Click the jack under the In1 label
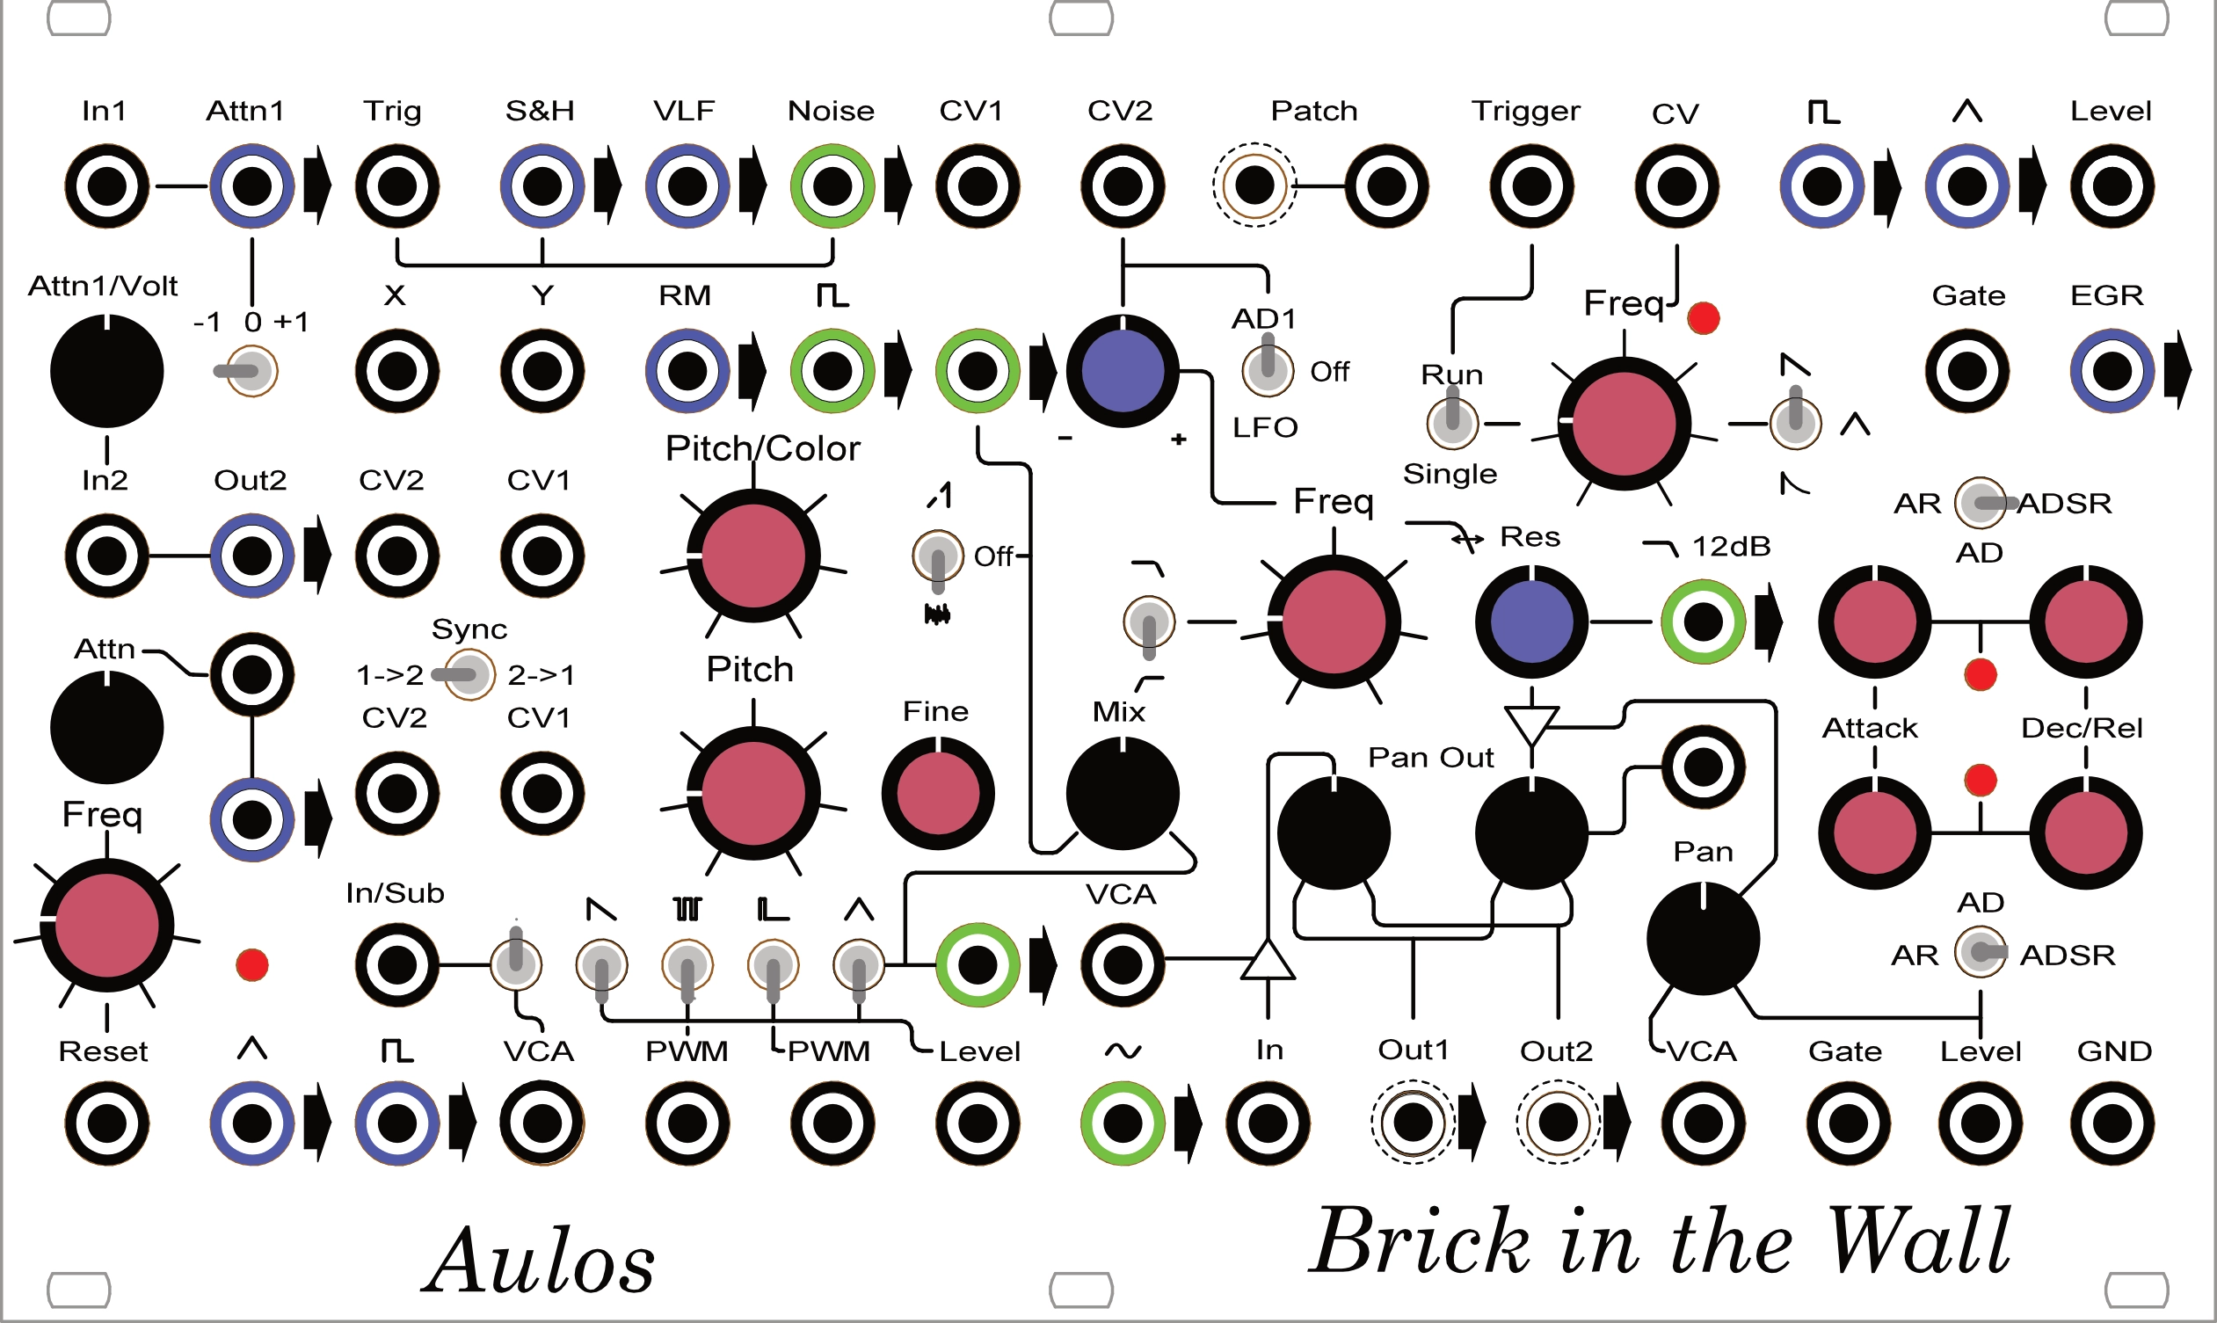click(107, 186)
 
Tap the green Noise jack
click(832, 186)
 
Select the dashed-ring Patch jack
click(1254, 185)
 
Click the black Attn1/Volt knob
click(107, 370)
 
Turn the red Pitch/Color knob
click(753, 555)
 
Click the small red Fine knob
click(937, 793)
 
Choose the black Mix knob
click(1123, 793)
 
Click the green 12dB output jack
click(1703, 622)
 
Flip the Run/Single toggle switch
click(1452, 423)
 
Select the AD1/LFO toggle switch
click(1267, 369)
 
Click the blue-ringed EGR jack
click(2111, 370)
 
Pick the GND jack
click(2112, 1123)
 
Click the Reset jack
click(107, 1123)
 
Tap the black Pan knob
click(1703, 938)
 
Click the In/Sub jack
click(396, 963)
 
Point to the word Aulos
click(540, 1261)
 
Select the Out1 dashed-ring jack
click(1413, 1123)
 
